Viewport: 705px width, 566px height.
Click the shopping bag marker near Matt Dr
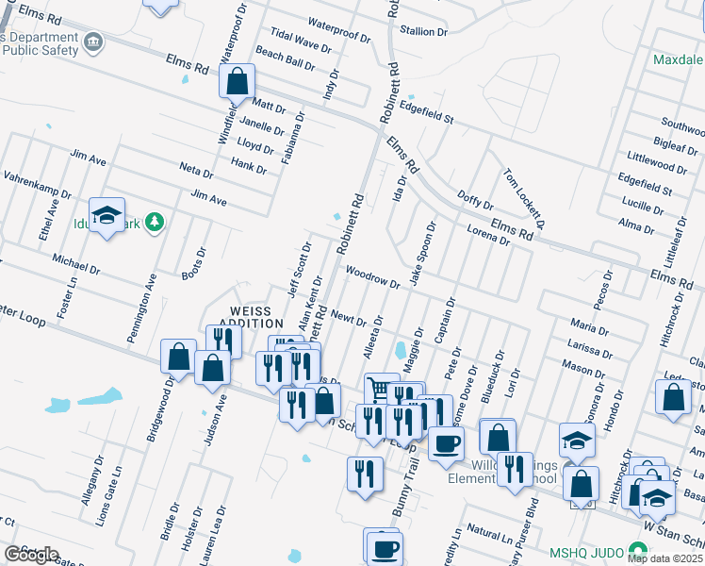[237, 80]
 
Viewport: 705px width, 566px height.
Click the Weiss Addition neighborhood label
[251, 317]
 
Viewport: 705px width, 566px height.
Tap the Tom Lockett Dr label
[525, 199]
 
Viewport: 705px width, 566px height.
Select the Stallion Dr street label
[423, 31]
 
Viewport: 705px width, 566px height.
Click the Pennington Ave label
[149, 293]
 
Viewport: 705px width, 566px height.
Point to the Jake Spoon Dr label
[421, 254]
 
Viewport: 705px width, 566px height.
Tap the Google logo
[31, 554]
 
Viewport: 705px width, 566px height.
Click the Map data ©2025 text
[665, 558]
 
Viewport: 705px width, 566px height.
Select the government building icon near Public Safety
[93, 42]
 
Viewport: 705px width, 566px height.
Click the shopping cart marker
[379, 388]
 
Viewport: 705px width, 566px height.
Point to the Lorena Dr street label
[488, 235]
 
